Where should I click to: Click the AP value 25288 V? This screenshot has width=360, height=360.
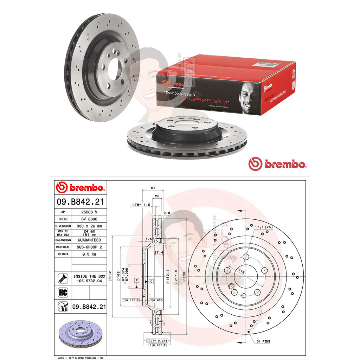pyautogui.click(x=89, y=212)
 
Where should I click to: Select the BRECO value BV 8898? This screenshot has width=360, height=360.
pyautogui.click(x=89, y=219)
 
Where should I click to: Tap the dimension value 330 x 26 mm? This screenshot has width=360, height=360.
pyautogui.click(x=89, y=226)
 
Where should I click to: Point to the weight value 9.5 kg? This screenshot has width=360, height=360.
pyautogui.click(x=89, y=254)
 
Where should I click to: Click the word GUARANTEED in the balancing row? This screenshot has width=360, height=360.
pyautogui.click(x=89, y=240)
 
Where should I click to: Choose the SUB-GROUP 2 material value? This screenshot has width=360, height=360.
pyautogui.click(x=89, y=247)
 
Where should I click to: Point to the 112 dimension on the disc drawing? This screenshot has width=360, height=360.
pyautogui.click(x=241, y=271)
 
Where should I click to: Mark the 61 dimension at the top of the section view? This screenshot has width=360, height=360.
pyautogui.click(x=153, y=188)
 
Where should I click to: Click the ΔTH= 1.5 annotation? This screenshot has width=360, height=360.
pyautogui.click(x=141, y=204)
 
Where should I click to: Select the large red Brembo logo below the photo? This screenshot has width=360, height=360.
pyautogui.click(x=277, y=164)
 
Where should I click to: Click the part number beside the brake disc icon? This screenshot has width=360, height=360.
pyautogui.click(x=89, y=307)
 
